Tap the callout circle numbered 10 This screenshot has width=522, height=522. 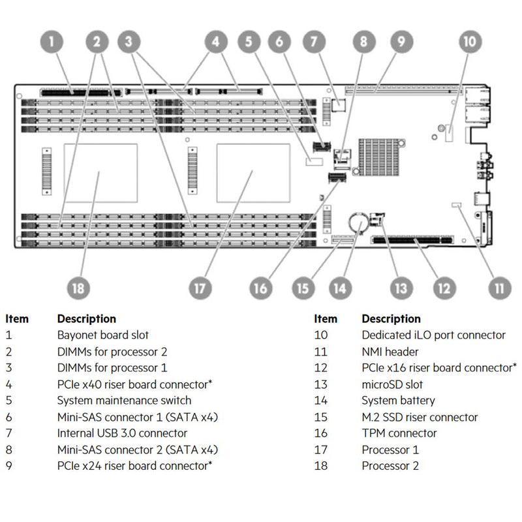(469, 42)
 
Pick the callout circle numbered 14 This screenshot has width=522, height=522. (339, 287)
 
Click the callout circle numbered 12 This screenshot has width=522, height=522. (442, 287)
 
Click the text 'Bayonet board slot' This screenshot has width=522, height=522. (103, 335)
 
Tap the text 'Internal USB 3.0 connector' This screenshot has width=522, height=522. (122, 433)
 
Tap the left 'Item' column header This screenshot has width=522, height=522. (17, 319)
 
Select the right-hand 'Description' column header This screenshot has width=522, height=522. (391, 319)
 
